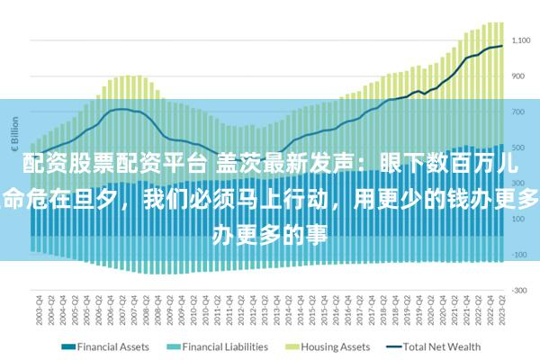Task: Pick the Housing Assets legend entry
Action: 334,346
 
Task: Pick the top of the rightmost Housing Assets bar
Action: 501,22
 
